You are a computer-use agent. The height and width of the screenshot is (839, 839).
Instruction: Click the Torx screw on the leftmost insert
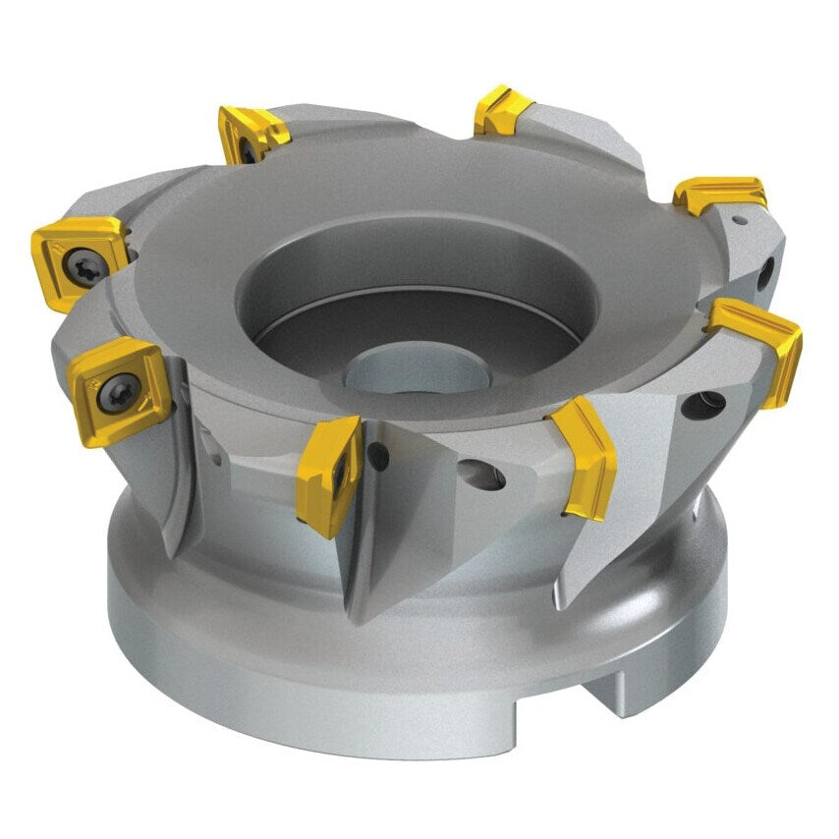(x=81, y=262)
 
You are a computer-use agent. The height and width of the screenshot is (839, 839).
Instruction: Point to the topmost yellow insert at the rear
(x=503, y=110)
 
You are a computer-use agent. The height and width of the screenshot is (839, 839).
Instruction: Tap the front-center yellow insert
(x=331, y=471)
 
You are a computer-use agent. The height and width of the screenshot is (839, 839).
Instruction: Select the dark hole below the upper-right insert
(x=768, y=270)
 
